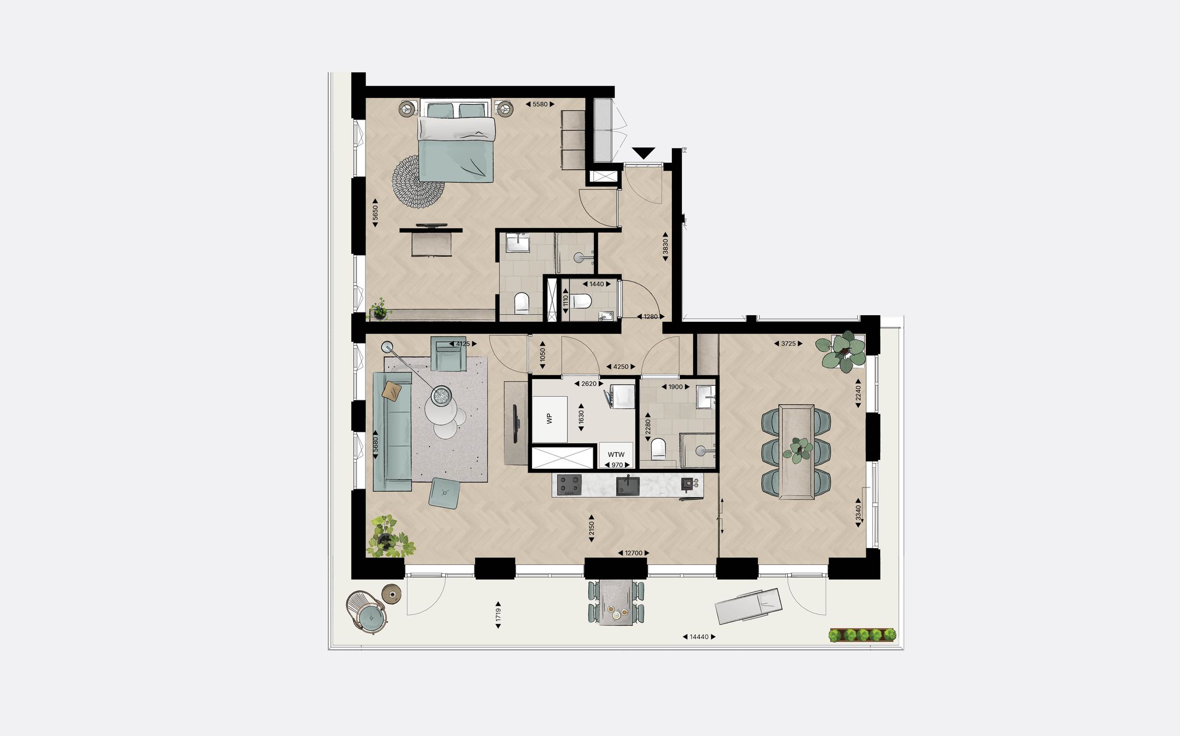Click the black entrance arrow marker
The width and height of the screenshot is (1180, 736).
click(643, 153)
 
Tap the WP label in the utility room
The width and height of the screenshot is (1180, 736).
click(550, 418)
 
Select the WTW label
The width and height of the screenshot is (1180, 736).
click(616, 455)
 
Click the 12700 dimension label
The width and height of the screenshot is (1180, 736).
click(633, 553)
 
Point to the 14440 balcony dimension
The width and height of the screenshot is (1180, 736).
click(699, 637)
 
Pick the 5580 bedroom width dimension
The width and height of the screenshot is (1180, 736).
click(540, 104)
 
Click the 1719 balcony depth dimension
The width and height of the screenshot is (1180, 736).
click(498, 615)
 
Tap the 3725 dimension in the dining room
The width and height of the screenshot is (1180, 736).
click(788, 344)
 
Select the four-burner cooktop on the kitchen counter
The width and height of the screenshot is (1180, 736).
click(569, 484)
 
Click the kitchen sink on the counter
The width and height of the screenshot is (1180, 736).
click(628, 485)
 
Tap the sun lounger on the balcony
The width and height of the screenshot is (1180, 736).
click(748, 605)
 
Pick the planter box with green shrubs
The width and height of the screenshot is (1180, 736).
click(862, 635)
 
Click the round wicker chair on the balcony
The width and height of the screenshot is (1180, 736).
click(367, 612)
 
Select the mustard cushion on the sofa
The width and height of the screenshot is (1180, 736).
click(392, 390)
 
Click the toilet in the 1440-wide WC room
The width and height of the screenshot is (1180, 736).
click(582, 301)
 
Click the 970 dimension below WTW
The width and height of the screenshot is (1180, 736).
click(617, 465)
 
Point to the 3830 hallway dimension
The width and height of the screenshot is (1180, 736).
click(665, 247)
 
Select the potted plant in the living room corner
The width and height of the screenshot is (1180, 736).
click(389, 535)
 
